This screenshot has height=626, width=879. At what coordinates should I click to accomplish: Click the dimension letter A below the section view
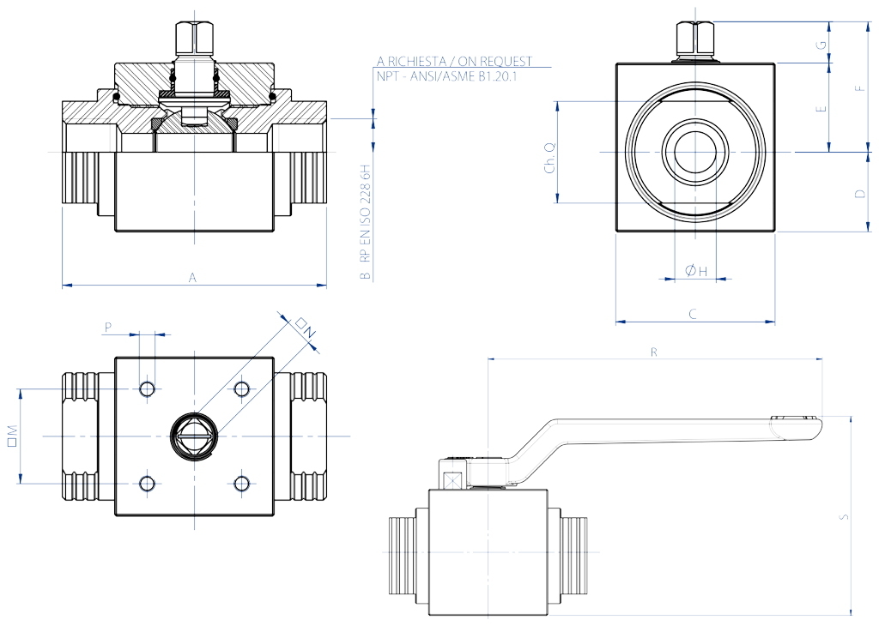[x=193, y=277]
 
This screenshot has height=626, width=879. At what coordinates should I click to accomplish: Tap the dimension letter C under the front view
[x=693, y=314]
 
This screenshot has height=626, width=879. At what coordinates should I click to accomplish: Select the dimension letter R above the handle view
[x=654, y=352]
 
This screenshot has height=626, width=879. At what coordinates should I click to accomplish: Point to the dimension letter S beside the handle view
[x=844, y=516]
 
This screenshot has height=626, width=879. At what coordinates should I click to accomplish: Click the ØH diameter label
[x=696, y=271]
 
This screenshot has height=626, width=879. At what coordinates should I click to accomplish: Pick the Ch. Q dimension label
[x=550, y=158]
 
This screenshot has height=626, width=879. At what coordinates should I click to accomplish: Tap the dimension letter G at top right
[x=822, y=43]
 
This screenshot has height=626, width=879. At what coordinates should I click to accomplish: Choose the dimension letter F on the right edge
[x=859, y=87]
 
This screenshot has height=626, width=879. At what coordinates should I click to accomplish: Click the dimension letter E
[x=822, y=109]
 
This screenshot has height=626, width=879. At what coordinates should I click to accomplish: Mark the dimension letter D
[x=859, y=194]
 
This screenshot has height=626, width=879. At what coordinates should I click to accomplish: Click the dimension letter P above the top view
[x=107, y=327]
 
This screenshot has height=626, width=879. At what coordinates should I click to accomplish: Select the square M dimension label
[x=12, y=436]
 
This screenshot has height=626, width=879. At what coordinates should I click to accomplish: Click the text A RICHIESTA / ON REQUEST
[x=454, y=61]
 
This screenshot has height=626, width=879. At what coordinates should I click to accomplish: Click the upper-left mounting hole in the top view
[x=148, y=389]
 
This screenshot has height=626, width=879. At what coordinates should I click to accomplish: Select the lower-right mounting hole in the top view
[x=241, y=484]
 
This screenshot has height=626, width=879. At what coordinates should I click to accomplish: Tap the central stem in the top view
[x=194, y=436]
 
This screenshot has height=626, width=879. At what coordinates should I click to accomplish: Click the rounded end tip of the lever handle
[x=812, y=426]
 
